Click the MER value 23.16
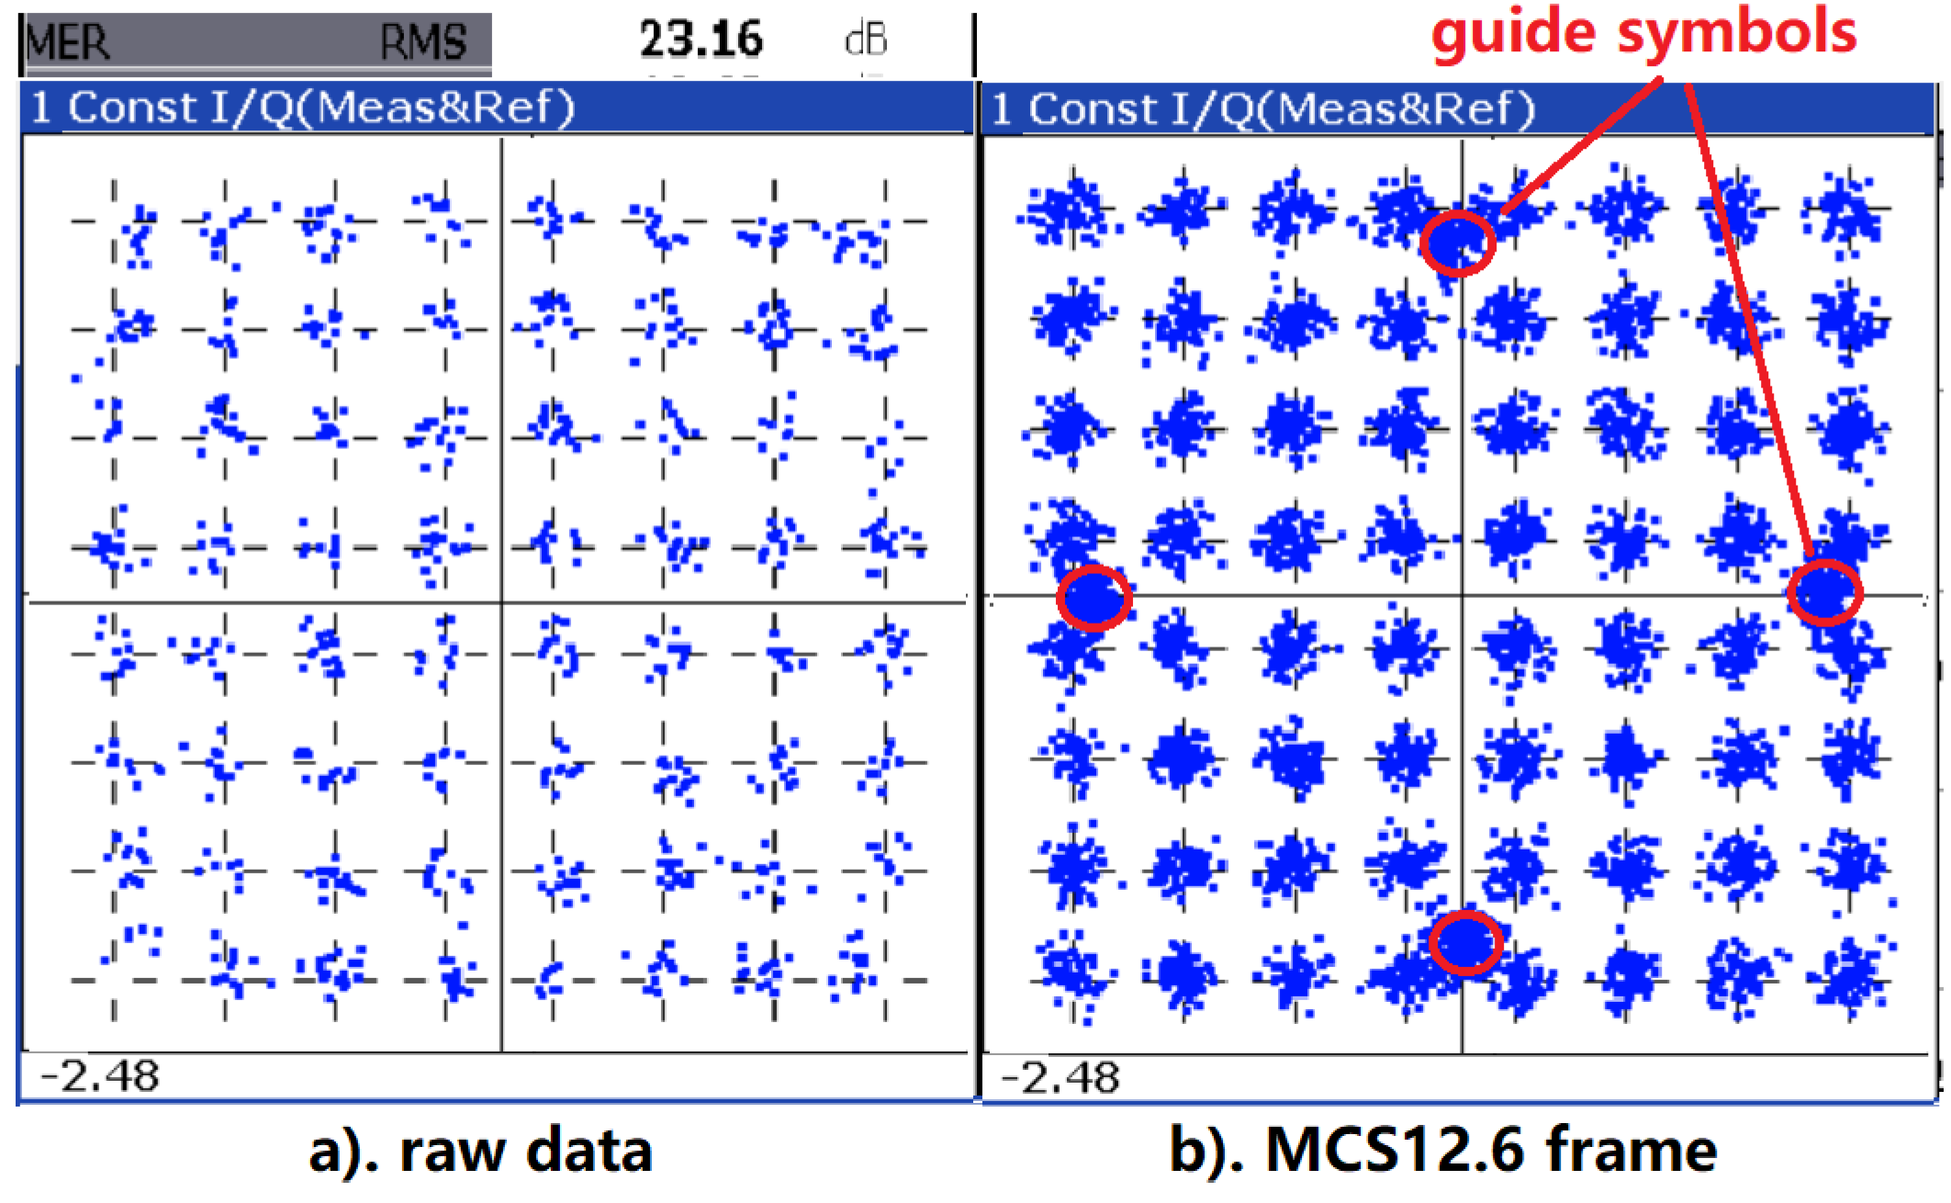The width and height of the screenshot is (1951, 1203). (701, 39)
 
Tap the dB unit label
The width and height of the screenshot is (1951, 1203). (865, 40)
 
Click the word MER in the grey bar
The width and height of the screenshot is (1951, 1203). (69, 42)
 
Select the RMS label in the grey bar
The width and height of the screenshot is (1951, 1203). (423, 42)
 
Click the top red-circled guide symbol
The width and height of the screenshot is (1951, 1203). (1457, 242)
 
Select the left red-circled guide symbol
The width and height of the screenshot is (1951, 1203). (1093, 598)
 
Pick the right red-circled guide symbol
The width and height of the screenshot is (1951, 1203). (1824, 592)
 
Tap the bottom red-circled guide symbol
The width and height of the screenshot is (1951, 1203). (1465, 943)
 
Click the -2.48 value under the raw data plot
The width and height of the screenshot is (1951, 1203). (100, 1075)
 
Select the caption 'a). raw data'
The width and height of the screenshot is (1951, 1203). (480, 1151)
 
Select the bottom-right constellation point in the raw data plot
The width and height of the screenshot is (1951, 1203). (885, 980)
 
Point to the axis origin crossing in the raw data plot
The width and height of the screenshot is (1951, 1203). (501, 602)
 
